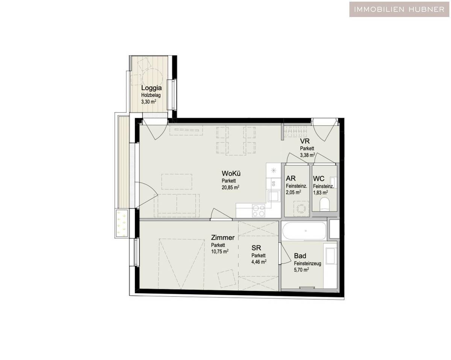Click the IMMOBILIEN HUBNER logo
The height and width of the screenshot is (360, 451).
399,9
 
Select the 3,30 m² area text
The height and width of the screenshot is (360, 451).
149,102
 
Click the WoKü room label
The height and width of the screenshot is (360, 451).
231,174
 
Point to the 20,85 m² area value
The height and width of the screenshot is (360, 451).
231,187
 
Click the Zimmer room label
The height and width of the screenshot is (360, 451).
223,238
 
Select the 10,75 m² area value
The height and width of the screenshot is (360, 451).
220,251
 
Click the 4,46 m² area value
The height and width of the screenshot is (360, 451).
259,261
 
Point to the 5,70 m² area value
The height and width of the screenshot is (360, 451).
301,270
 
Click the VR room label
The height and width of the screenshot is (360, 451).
304,141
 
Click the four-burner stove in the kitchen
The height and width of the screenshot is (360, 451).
258,210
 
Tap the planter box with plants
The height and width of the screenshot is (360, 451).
121,223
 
